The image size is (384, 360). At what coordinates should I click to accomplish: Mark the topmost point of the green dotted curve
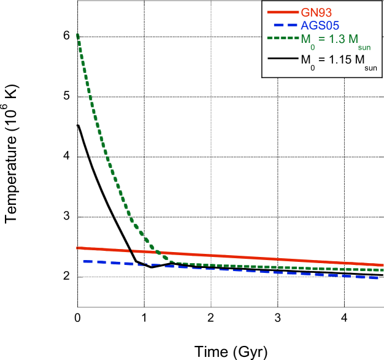click(78, 34)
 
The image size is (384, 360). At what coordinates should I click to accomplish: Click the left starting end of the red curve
click(78, 248)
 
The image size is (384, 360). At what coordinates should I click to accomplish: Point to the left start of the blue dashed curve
click(83, 262)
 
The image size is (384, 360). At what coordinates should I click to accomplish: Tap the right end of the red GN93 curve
click(382, 265)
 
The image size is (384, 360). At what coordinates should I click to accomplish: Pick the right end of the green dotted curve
click(382, 269)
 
